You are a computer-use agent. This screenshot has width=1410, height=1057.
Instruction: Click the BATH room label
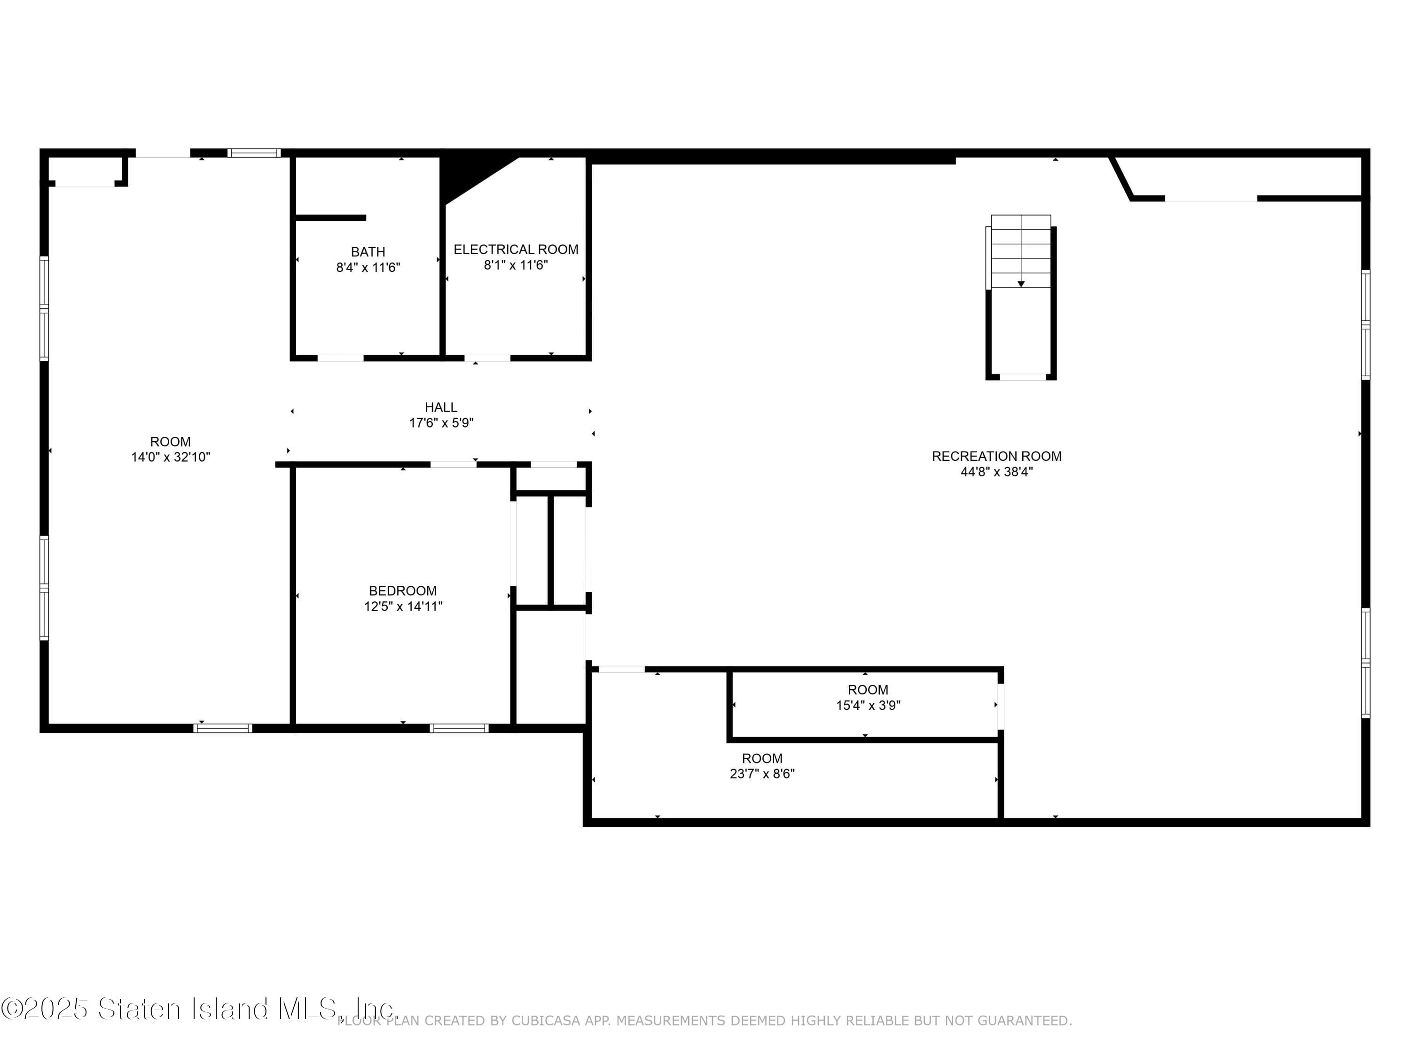pyautogui.click(x=368, y=252)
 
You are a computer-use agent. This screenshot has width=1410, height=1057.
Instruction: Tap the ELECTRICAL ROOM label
pyautogui.click(x=516, y=249)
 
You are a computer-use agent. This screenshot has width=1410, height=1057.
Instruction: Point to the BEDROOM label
pyautogui.click(x=402, y=591)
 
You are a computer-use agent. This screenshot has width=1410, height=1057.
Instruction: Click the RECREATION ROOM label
pyautogui.click(x=996, y=456)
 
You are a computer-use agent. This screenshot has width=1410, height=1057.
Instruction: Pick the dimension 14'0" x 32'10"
pyautogui.click(x=170, y=457)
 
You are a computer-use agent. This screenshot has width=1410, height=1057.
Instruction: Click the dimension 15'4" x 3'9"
pyautogui.click(x=868, y=705)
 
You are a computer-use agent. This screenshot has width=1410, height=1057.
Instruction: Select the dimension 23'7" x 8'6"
pyautogui.click(x=762, y=773)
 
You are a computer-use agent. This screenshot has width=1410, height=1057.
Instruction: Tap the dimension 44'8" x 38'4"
pyautogui.click(x=996, y=472)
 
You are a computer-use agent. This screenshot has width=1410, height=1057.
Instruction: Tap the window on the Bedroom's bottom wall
pyautogui.click(x=459, y=728)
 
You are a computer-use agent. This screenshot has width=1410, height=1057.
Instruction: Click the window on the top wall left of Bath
pyautogui.click(x=254, y=153)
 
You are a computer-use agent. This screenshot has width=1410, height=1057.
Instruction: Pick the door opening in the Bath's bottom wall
pyautogui.click(x=340, y=358)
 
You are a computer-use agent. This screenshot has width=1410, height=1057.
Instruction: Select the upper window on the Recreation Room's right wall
pyautogui.click(x=1365, y=325)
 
